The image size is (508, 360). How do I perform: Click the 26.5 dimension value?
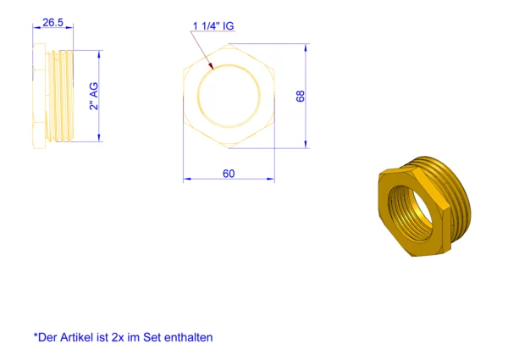tap(52, 23)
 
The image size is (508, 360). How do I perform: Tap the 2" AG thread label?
tap(94, 97)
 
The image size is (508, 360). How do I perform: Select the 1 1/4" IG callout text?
tap(213, 26)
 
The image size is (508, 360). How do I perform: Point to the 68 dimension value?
tap(301, 97)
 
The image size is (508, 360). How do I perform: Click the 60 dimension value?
tap(229, 174)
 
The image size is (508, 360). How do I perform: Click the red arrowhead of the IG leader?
tap(211, 66)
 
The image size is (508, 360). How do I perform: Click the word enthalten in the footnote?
tap(189, 337)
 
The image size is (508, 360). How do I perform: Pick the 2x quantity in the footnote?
tap(118, 338)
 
